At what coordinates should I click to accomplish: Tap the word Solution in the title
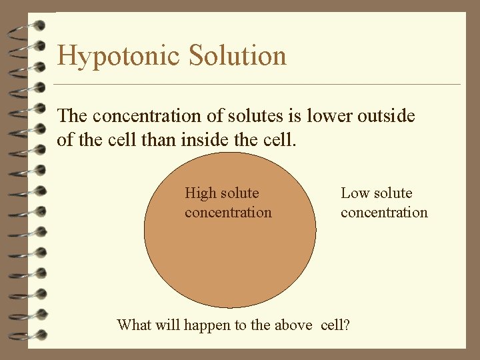click(x=238, y=55)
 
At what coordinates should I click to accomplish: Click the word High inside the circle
click(x=200, y=193)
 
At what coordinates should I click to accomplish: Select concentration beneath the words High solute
click(x=228, y=213)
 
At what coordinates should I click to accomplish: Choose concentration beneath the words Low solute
click(x=384, y=213)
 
